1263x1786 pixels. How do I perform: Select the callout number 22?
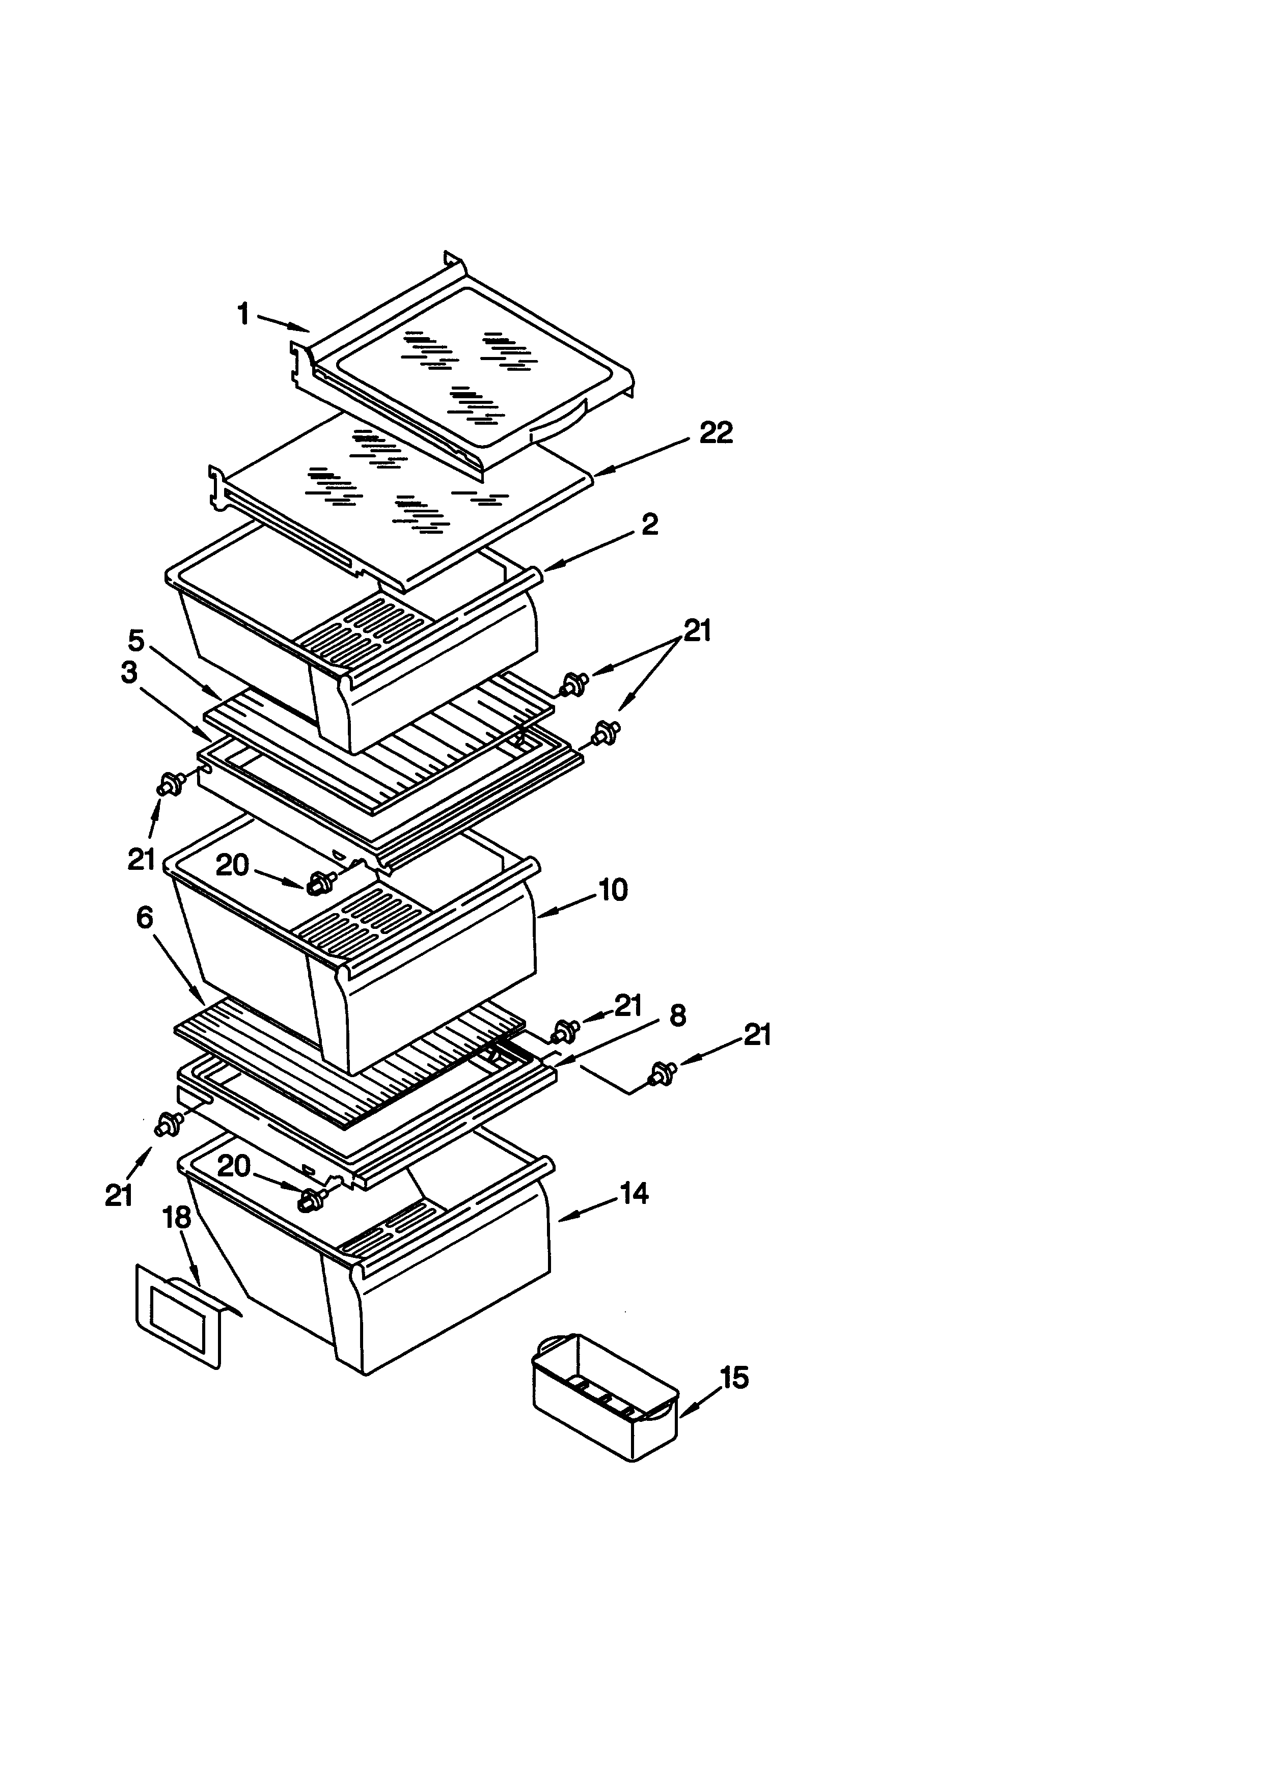click(x=716, y=433)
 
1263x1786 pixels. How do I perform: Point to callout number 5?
click(x=136, y=641)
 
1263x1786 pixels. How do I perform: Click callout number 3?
click(x=129, y=673)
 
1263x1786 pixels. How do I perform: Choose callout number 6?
click(x=145, y=918)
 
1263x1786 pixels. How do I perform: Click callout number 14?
click(x=634, y=1193)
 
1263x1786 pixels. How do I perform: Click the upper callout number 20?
click(x=232, y=865)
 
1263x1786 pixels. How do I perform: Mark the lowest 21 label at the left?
click(x=119, y=1196)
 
